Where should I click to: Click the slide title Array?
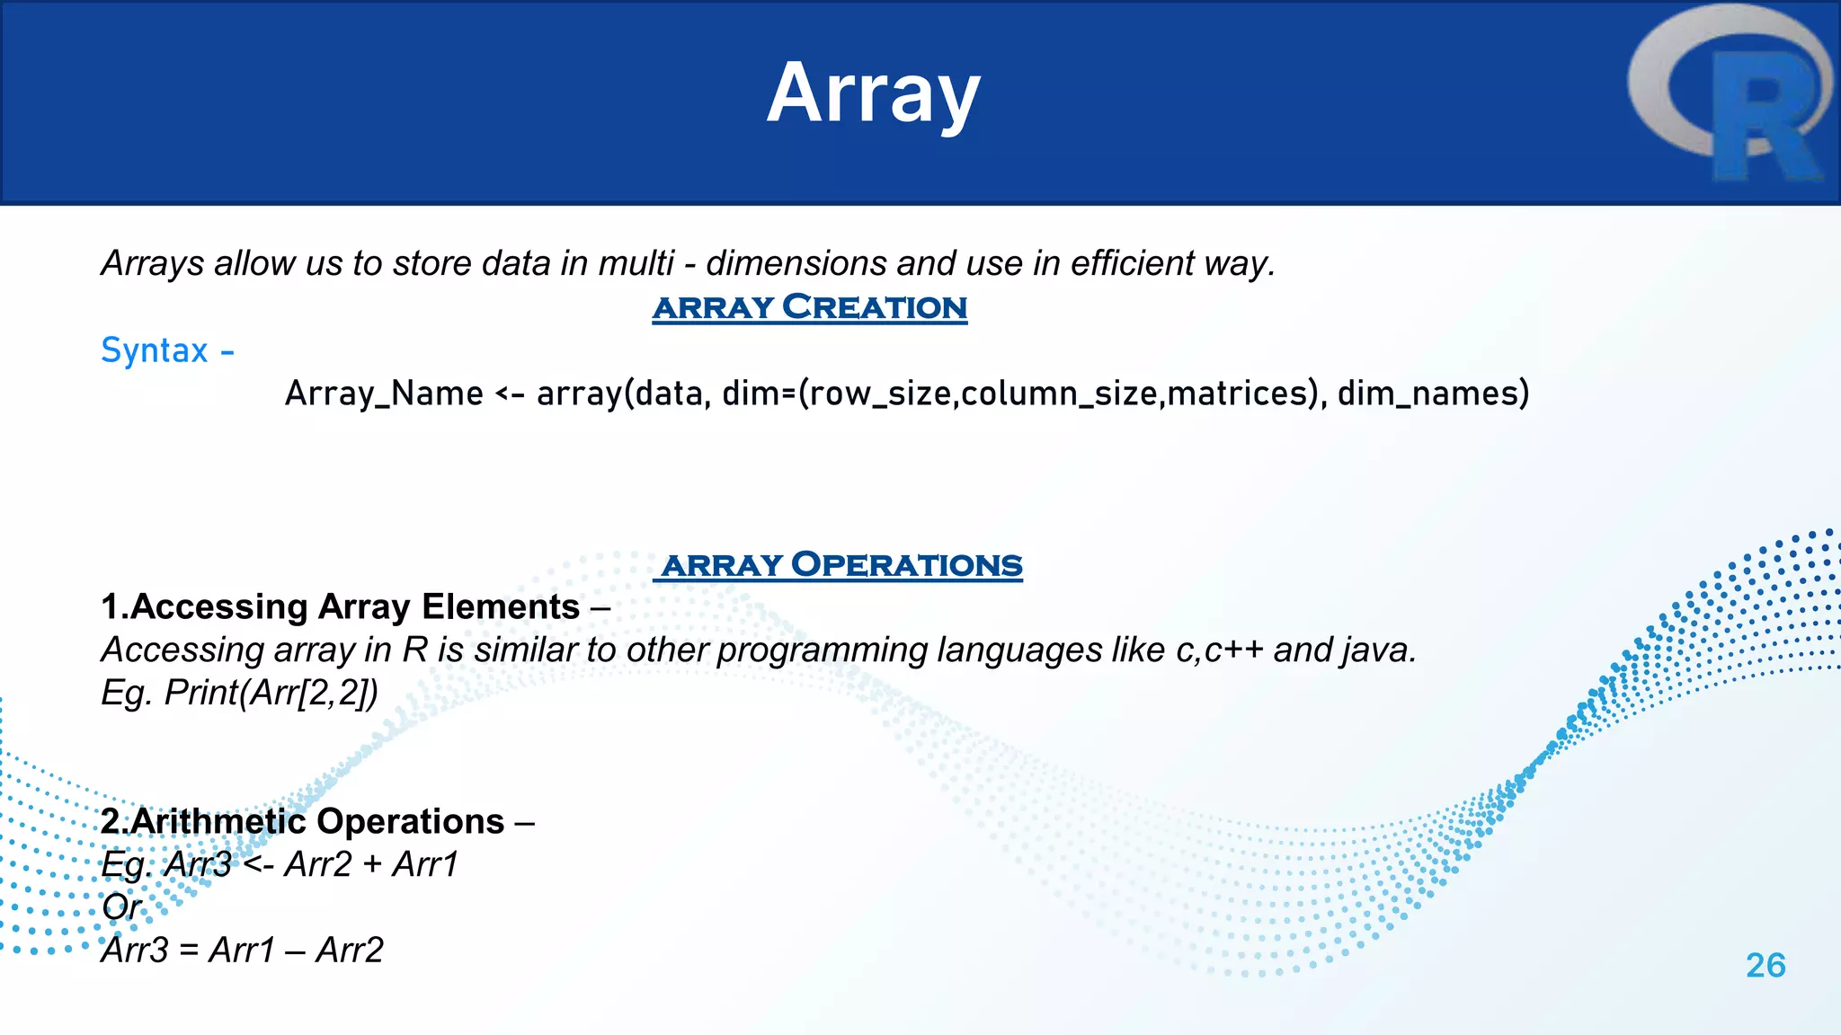[x=873, y=93]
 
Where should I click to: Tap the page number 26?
[x=1765, y=966]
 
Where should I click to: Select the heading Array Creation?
[x=809, y=307]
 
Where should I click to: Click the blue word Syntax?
[x=155, y=350]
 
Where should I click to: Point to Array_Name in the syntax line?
[x=384, y=394]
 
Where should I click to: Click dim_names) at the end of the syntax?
[x=1433, y=394]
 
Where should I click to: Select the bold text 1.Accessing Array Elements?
[x=340, y=607]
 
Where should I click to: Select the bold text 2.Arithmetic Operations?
[x=302, y=822]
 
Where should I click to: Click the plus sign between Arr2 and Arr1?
[x=371, y=865]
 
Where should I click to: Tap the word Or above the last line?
[x=121, y=907]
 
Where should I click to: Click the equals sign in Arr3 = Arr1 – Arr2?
[x=188, y=951]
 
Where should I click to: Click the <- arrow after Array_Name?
[x=510, y=394]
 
